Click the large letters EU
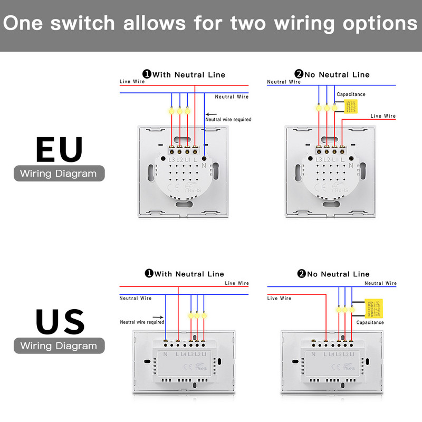pyautogui.click(x=59, y=149)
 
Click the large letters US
pyautogui.click(x=60, y=322)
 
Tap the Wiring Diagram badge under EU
pyautogui.click(x=59, y=174)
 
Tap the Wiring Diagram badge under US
pyautogui.click(x=59, y=346)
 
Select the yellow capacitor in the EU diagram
pyautogui.click(x=350, y=107)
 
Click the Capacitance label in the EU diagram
pyautogui.click(x=351, y=94)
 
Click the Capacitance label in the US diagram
pyautogui.click(x=370, y=322)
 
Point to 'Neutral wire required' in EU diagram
pyautogui.click(x=228, y=120)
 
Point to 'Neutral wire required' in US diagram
pyautogui.click(x=142, y=322)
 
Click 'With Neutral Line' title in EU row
pyautogui.click(x=189, y=75)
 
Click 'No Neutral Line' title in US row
pyautogui.click(x=338, y=274)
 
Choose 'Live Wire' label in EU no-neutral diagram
pyautogui.click(x=383, y=116)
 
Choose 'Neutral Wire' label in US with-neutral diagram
pyautogui.click(x=136, y=299)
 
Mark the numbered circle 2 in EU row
pyautogui.click(x=300, y=74)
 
